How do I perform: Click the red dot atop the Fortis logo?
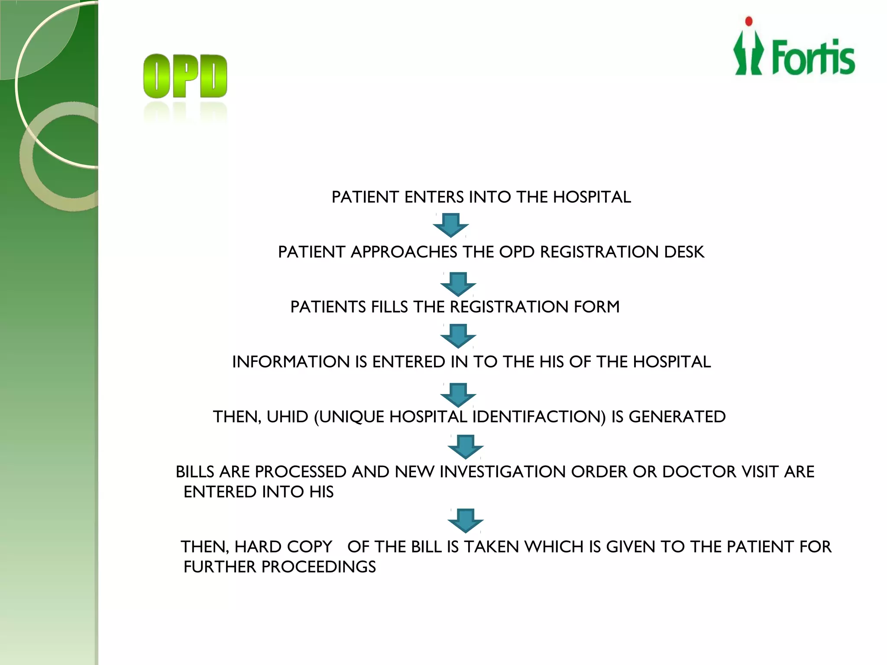click(749, 22)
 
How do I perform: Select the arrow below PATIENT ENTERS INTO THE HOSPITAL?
click(451, 225)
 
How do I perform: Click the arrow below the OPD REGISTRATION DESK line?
click(458, 284)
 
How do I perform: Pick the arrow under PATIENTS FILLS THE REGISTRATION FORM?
click(458, 336)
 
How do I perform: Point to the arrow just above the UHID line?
click(458, 394)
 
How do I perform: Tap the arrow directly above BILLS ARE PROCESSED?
click(466, 446)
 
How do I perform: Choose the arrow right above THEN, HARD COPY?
click(466, 520)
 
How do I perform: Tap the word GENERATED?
click(677, 417)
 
